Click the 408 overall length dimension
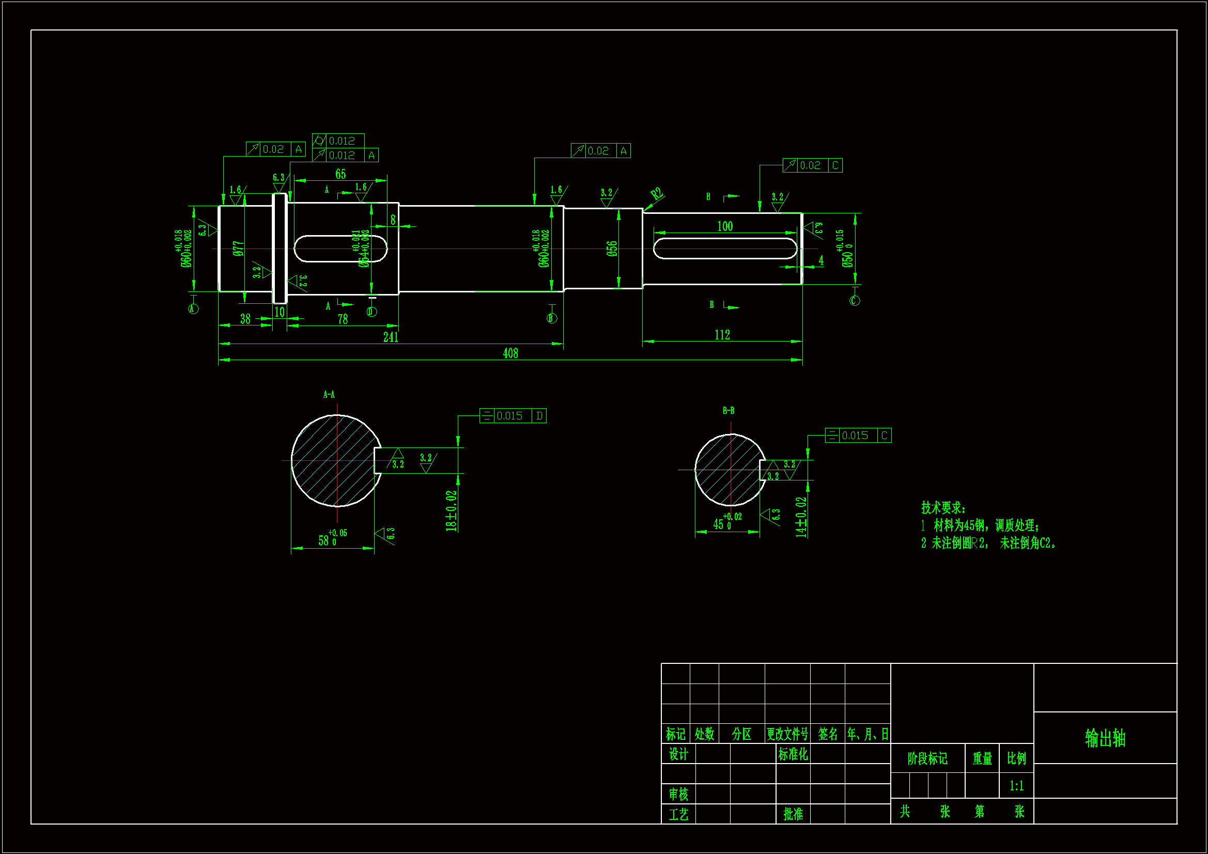(510, 353)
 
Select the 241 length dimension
(391, 337)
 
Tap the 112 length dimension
(722, 335)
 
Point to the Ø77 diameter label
(238, 249)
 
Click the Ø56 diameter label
(611, 249)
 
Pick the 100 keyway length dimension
(724, 226)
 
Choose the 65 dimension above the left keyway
(340, 174)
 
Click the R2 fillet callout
(657, 194)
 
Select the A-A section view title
(329, 394)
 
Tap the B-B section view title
(728, 410)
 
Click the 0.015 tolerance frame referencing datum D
(513, 416)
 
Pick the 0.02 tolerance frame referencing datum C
(812, 165)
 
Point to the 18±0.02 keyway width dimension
(452, 510)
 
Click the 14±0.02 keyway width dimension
(801, 517)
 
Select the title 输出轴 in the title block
(1105, 738)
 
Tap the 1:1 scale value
(1016, 786)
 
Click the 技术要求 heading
(943, 508)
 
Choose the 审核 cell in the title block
(678, 794)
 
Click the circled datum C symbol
(855, 301)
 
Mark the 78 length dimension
(343, 319)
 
